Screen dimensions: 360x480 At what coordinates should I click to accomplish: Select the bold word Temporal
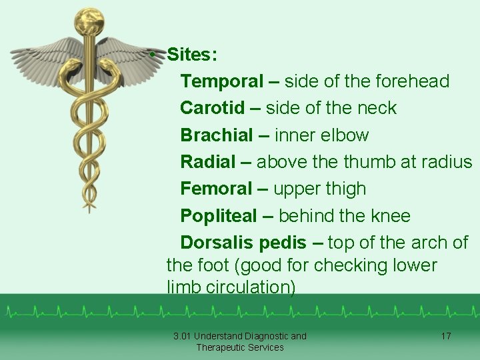(x=222, y=81)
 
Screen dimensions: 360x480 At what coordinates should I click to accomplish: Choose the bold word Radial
(x=208, y=162)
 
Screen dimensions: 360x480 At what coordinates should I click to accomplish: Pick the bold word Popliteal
(x=219, y=216)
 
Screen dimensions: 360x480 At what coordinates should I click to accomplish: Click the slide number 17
(x=446, y=336)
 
